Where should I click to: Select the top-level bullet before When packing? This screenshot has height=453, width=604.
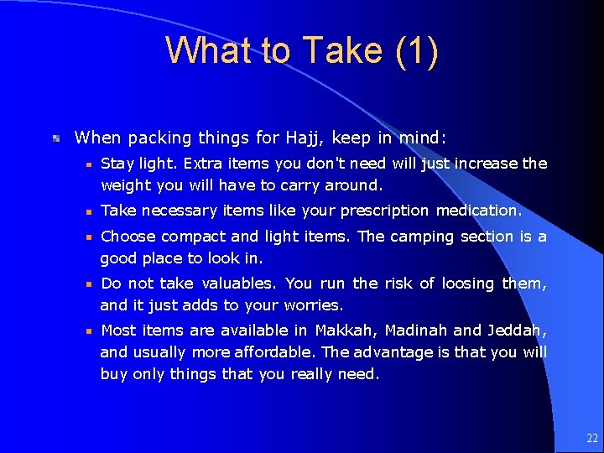pos(55,138)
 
